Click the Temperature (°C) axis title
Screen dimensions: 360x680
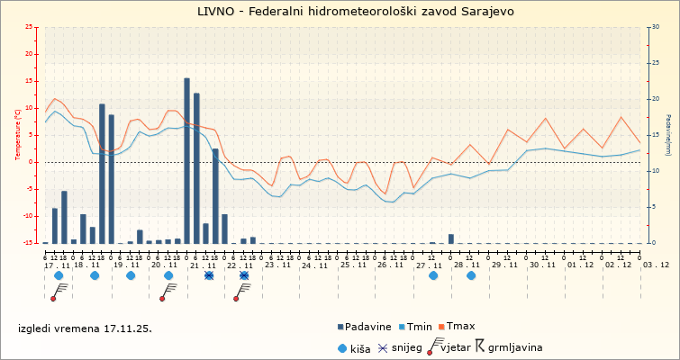[19, 135]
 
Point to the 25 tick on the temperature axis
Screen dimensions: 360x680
[30, 27]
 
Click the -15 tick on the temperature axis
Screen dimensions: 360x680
[29, 243]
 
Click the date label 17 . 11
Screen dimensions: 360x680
[58, 265]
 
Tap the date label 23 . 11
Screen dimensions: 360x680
[277, 265]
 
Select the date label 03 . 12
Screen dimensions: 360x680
[657, 265]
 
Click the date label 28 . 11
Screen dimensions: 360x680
[467, 265]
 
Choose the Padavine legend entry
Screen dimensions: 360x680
[368, 327]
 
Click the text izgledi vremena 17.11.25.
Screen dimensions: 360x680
[85, 328]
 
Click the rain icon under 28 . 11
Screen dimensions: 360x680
[471, 275]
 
